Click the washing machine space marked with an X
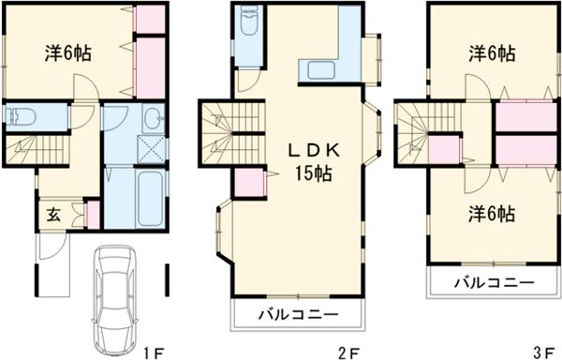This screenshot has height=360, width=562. click(x=150, y=148)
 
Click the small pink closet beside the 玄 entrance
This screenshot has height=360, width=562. click(x=92, y=213)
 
